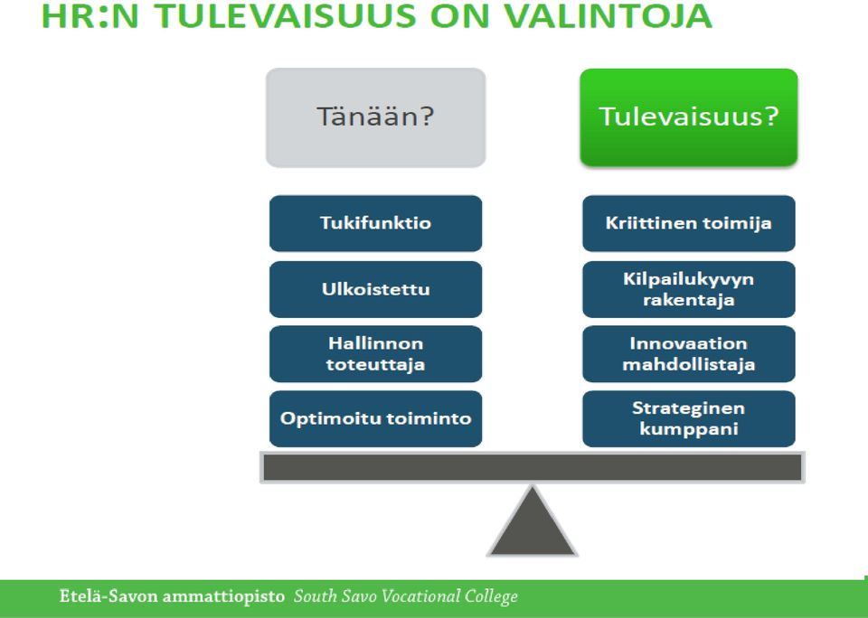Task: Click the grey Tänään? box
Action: click(376, 117)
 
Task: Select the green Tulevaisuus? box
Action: click(689, 117)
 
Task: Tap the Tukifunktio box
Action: click(376, 223)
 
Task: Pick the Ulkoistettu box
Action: click(376, 289)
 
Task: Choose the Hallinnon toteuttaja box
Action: click(376, 354)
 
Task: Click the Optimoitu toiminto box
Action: click(376, 419)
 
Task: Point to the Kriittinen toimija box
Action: click(689, 223)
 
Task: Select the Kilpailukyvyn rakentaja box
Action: click(689, 289)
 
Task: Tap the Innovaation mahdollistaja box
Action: click(689, 354)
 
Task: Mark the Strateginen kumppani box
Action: click(689, 419)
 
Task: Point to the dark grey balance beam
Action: click(533, 467)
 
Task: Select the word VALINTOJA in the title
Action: click(608, 15)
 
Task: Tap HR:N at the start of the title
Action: click(90, 15)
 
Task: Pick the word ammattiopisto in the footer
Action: click(223, 597)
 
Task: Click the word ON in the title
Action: click(460, 15)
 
